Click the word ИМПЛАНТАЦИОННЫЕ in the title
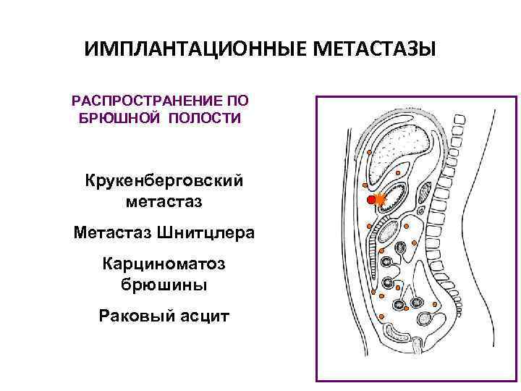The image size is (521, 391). tap(196, 49)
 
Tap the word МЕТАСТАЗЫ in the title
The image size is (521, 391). tap(375, 49)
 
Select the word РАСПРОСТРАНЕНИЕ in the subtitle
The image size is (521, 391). tap(148, 102)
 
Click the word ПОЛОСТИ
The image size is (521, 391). tap(204, 118)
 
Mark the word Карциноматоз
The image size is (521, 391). tap(164, 264)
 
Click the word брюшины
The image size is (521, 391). tap(164, 285)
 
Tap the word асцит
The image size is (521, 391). tap(202, 316)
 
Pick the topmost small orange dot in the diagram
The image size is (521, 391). tap(368, 153)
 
